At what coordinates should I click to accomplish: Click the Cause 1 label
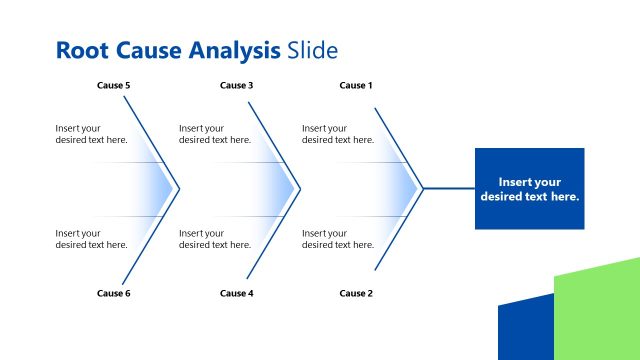click(356, 86)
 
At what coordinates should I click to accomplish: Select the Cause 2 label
click(356, 293)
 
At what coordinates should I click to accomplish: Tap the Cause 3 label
click(236, 86)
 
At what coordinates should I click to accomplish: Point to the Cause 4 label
click(236, 293)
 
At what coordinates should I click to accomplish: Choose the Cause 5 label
click(113, 86)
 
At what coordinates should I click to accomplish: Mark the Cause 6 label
click(113, 293)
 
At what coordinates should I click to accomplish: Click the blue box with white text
click(529, 189)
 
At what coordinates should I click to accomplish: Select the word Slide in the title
click(312, 50)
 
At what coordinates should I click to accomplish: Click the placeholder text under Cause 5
click(91, 134)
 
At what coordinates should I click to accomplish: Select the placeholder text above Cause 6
click(91, 239)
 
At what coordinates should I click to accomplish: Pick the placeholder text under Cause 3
click(214, 134)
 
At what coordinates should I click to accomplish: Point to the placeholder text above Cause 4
click(214, 239)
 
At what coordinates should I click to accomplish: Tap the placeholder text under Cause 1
click(338, 134)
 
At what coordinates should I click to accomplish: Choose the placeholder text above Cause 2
click(338, 239)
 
